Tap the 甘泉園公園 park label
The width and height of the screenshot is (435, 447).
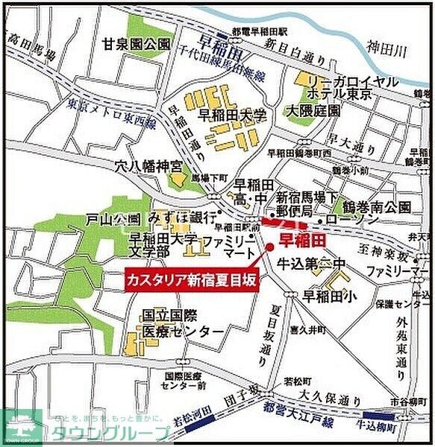[138, 44]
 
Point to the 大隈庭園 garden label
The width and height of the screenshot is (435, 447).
[313, 110]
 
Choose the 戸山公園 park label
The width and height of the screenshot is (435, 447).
[113, 220]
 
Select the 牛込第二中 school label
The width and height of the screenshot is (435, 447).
[309, 262]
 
